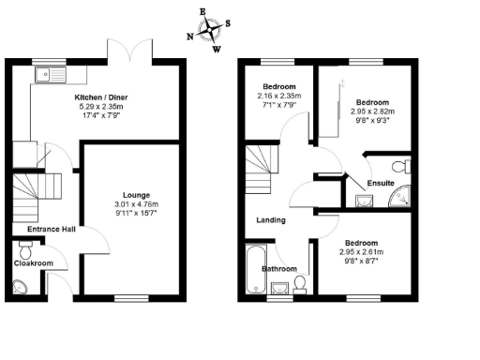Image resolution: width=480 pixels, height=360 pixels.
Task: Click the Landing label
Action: (271, 220)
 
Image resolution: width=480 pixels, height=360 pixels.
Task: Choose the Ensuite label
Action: (380, 183)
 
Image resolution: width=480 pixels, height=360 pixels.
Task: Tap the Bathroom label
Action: (279, 269)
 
